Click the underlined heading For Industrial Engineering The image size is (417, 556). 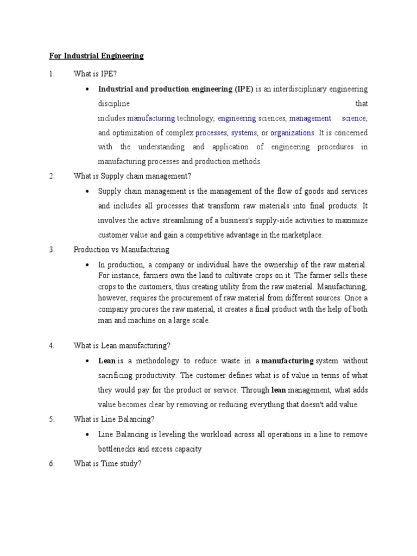point(93,56)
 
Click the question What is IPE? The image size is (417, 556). point(96,74)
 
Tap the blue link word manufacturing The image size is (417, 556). point(151,118)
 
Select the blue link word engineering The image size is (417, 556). point(237,118)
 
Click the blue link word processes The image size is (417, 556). point(211,132)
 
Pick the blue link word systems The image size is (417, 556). point(244,132)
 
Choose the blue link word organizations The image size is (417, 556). point(292,132)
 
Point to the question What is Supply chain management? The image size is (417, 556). point(133,176)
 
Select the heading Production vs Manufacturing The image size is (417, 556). point(122,250)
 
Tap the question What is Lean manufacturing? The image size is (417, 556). point(122,345)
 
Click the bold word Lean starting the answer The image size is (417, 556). point(106,361)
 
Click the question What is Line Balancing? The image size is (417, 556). point(114,419)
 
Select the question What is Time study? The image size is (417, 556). point(108,464)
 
